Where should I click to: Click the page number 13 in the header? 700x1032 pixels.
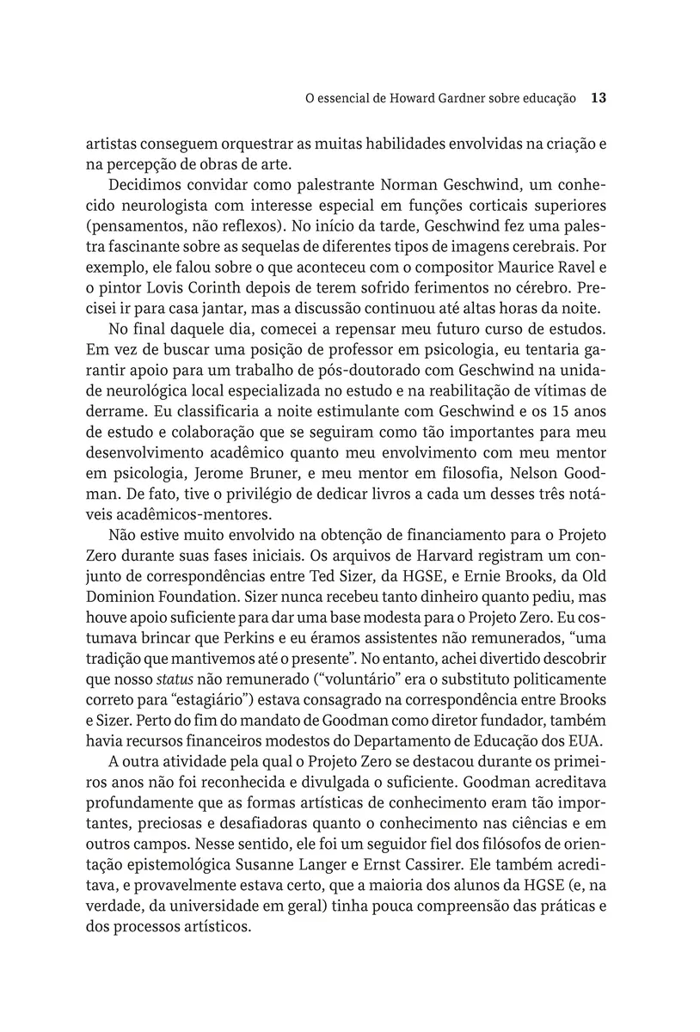599,99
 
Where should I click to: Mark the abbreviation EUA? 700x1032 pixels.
590,741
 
